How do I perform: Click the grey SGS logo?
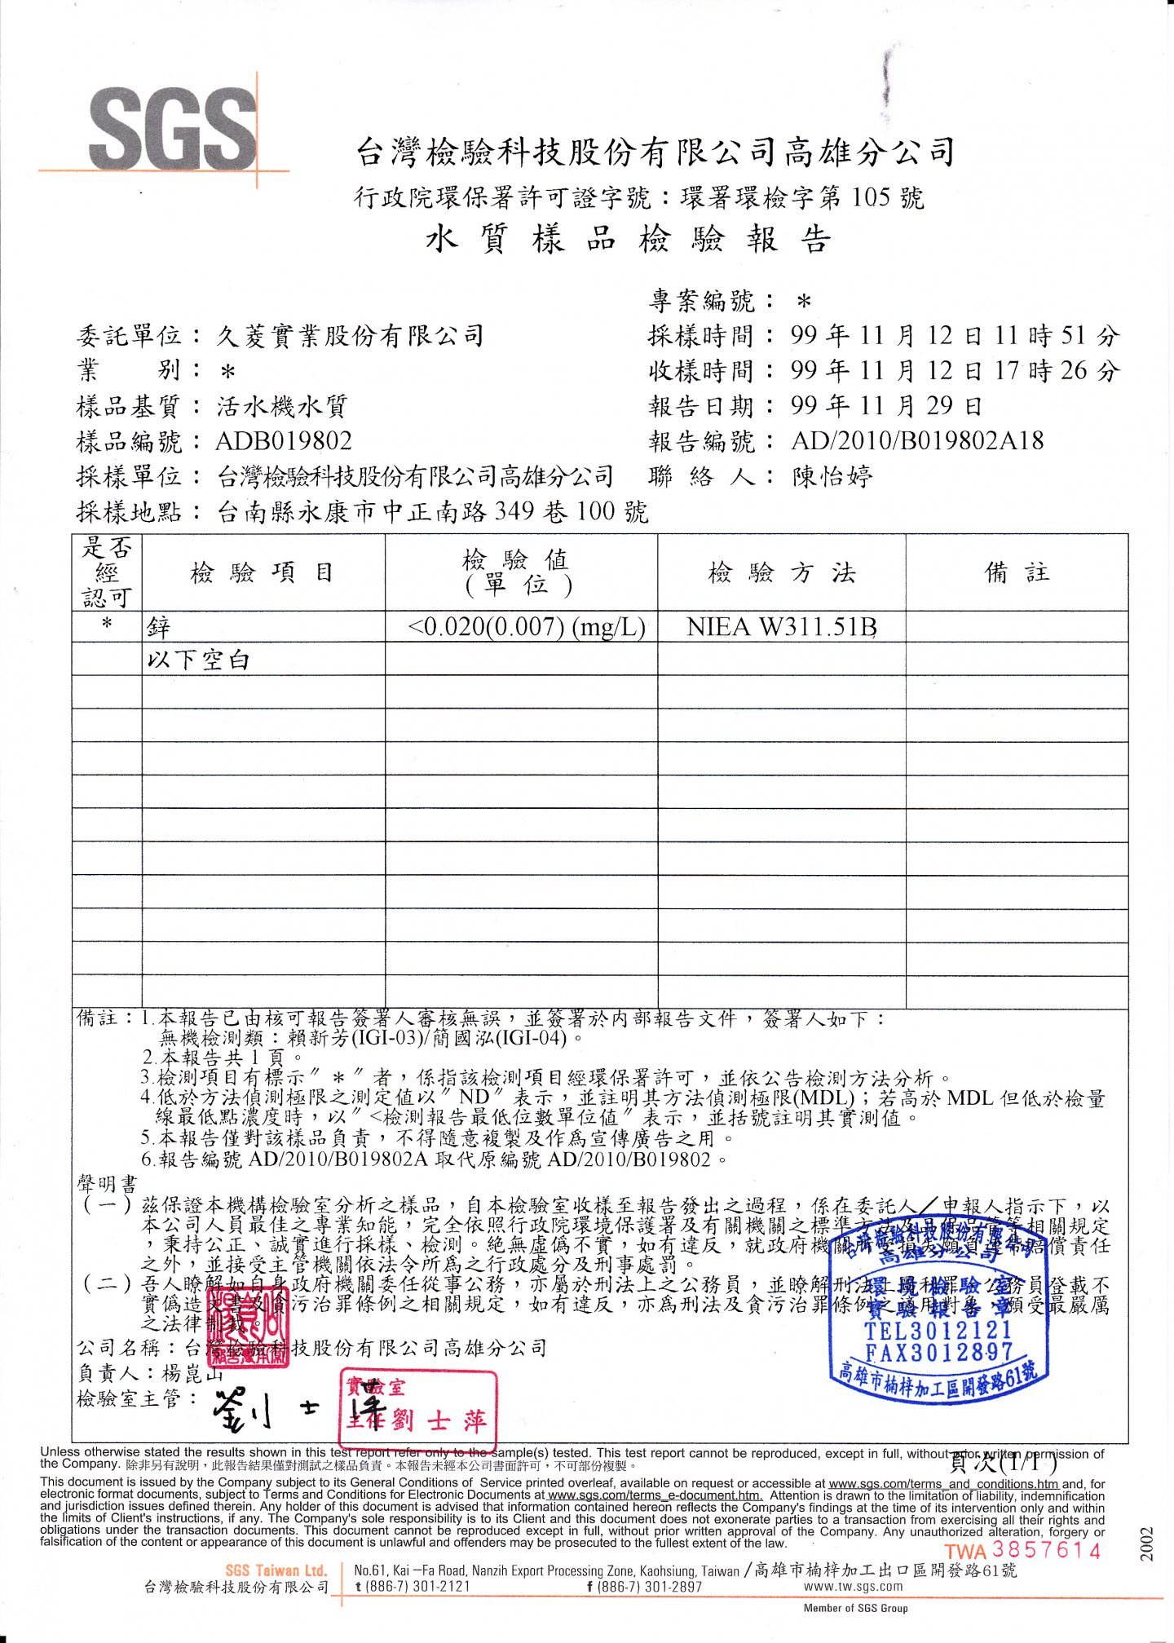[173, 129]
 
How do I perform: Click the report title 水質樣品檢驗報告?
[628, 240]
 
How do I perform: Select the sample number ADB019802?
[284, 441]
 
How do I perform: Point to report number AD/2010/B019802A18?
[917, 441]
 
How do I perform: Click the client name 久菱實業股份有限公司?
[351, 336]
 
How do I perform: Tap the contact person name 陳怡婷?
[832, 476]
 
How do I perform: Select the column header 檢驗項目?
[263, 572]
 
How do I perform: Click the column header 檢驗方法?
[781, 572]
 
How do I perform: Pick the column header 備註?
[1017, 572]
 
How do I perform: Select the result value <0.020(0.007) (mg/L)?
[527, 627]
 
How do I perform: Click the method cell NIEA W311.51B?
[781, 627]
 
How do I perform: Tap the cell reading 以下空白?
[198, 660]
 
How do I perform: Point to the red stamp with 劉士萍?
[417, 1409]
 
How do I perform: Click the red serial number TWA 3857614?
[1023, 1550]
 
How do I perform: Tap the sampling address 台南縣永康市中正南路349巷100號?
[432, 512]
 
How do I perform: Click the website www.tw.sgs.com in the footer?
[853, 1586]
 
